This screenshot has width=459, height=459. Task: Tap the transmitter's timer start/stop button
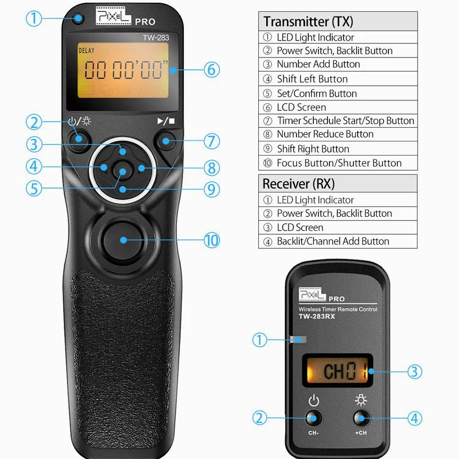(166, 141)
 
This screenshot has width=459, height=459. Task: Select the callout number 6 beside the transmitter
(212, 70)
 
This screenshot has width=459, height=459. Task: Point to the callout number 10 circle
(212, 240)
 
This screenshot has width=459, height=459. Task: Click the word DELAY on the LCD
(86, 50)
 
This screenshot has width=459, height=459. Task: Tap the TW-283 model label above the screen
(156, 38)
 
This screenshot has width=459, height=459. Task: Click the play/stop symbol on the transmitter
(166, 121)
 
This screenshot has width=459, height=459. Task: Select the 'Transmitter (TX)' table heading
(308, 22)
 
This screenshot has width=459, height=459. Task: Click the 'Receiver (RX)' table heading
(299, 184)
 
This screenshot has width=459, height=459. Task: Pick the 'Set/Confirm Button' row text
(317, 93)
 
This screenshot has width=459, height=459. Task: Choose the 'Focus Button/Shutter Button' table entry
(339, 163)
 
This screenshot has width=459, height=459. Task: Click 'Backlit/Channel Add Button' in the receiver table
(333, 241)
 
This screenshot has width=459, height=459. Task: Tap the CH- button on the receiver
(313, 418)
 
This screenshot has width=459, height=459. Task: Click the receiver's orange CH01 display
(337, 370)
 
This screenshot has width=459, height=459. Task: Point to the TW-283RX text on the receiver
(317, 316)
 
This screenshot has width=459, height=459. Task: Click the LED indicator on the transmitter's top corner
(78, 19)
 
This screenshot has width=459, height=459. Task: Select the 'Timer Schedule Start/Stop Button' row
(345, 121)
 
